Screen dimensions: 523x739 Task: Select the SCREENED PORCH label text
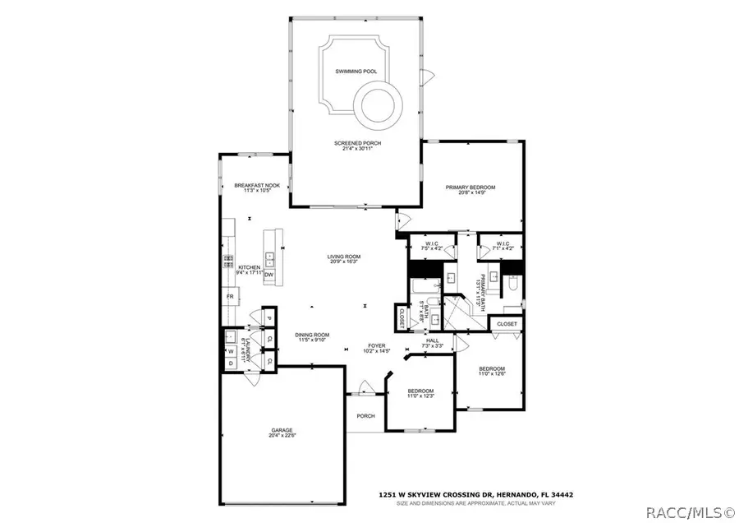click(357, 143)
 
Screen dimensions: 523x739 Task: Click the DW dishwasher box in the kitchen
click(269, 275)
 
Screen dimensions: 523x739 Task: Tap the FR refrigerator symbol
click(230, 296)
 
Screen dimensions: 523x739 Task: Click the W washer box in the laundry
click(231, 351)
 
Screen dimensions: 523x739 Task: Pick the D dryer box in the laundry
click(231, 363)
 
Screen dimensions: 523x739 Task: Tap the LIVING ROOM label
click(344, 257)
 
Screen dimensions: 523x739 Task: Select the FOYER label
click(377, 345)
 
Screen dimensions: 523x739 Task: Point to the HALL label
click(433, 340)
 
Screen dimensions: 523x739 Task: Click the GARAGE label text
click(282, 430)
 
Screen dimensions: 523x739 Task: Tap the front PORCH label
click(365, 416)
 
